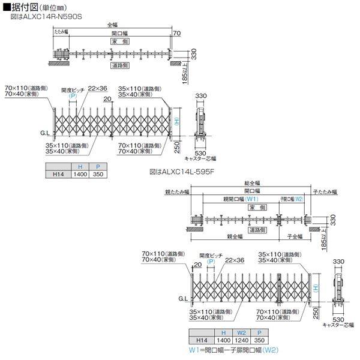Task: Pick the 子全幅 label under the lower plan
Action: [294, 237]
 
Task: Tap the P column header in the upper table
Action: [95, 166]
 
